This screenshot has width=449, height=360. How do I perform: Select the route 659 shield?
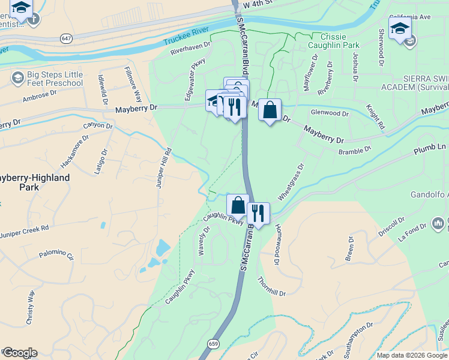(214, 344)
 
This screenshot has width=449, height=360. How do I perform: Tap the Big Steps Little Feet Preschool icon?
(17, 78)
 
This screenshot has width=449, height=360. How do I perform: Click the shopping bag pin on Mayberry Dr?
(270, 110)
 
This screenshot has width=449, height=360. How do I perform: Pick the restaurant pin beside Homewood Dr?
(258, 214)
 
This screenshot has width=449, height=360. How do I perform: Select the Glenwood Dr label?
(330, 113)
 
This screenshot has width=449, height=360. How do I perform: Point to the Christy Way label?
(30, 307)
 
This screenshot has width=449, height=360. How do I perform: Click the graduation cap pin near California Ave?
(399, 28)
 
